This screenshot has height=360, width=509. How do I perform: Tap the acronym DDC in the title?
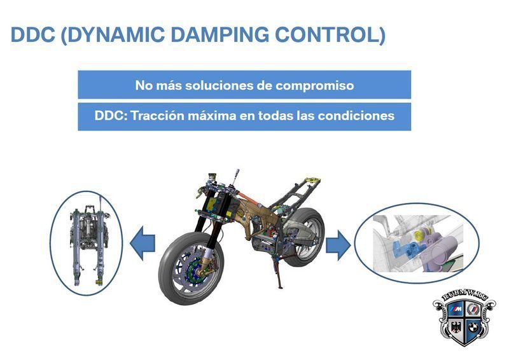pyautogui.click(x=33, y=34)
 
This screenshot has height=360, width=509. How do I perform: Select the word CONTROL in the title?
pyautogui.click(x=327, y=34)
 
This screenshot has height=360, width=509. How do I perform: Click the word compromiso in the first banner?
pyautogui.click(x=314, y=86)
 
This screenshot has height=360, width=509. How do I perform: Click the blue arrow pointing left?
pyautogui.click(x=143, y=243)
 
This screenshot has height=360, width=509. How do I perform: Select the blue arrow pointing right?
pyautogui.click(x=338, y=245)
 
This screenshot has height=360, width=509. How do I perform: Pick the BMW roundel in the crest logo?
pyautogui.click(x=473, y=327)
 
